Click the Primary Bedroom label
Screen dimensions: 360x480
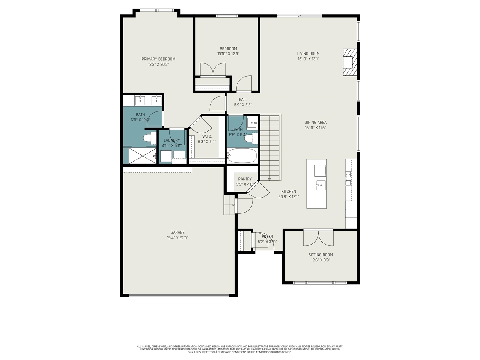(x=158, y=59)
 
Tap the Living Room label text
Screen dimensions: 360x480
(x=308, y=54)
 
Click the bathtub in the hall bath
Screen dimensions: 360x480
(x=242, y=156)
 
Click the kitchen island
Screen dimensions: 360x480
(x=316, y=184)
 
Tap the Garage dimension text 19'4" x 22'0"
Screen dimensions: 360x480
(x=177, y=238)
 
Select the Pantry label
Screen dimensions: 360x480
(x=245, y=179)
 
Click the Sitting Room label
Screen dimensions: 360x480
(x=321, y=255)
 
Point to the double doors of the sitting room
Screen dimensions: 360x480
(x=318, y=238)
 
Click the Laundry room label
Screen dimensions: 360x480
(x=172, y=140)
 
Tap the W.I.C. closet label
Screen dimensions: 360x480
(x=207, y=136)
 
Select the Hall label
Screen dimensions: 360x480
(x=243, y=99)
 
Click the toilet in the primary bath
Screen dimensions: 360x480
(x=147, y=139)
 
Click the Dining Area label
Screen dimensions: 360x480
(x=315, y=122)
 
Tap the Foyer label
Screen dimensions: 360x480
(x=267, y=237)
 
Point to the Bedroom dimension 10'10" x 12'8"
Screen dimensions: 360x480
(x=228, y=54)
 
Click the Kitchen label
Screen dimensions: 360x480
(x=289, y=191)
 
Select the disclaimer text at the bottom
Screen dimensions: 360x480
(x=240, y=349)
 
